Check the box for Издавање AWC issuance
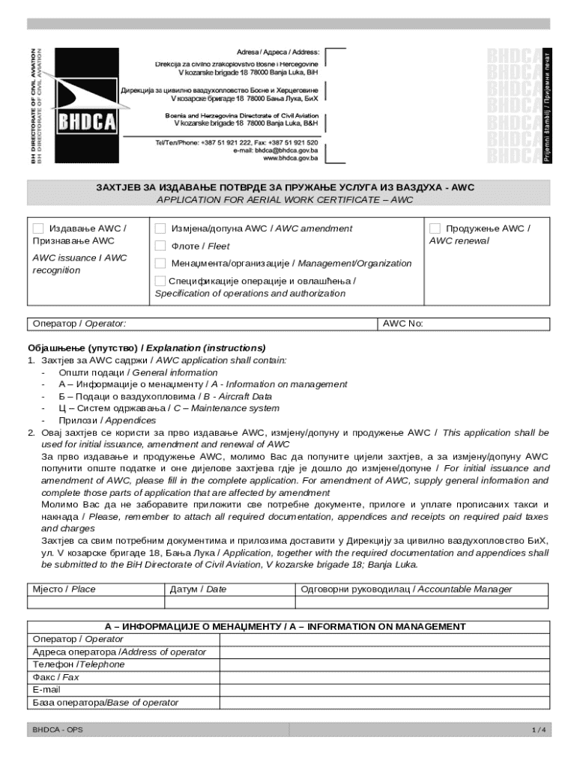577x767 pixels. pyautogui.click(x=38, y=228)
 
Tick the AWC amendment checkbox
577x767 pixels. pyautogui.click(x=160, y=228)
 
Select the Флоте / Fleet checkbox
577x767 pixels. pyautogui.click(x=160, y=246)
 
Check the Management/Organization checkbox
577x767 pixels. pyautogui.click(x=160, y=263)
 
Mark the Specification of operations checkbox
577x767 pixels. pyautogui.click(x=160, y=281)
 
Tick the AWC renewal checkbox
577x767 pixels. pyautogui.click(x=435, y=228)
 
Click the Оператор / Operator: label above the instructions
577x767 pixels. pyautogui.click(x=79, y=324)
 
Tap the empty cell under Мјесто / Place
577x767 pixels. pyautogui.click(x=95, y=601)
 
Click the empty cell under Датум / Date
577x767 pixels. pyautogui.click(x=229, y=601)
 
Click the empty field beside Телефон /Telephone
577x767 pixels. pyautogui.click(x=384, y=664)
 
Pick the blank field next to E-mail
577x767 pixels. pyautogui.click(x=384, y=690)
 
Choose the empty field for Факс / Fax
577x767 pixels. pyautogui.click(x=384, y=677)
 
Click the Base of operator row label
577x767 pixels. pyautogui.click(x=106, y=703)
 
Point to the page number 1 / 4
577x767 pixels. pyautogui.click(x=538, y=730)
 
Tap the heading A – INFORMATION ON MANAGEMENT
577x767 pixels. pyautogui.click(x=288, y=626)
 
